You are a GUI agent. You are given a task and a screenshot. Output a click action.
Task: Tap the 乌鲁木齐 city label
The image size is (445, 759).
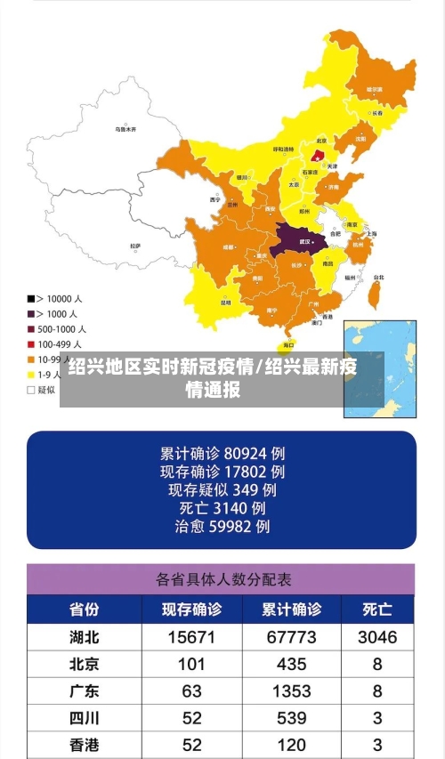coord(125,130)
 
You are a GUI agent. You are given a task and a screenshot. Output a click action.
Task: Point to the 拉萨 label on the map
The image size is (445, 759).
coord(135,246)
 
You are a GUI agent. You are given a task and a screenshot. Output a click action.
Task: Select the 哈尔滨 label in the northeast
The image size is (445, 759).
coord(375,90)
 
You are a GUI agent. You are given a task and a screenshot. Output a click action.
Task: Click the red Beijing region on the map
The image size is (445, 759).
coord(317,155)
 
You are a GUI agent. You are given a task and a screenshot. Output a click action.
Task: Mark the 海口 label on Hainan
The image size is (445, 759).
coord(287,345)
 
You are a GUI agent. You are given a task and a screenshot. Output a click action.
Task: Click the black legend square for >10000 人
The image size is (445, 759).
coord(31,298)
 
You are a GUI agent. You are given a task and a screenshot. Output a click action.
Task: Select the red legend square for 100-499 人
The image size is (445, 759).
coord(31,343)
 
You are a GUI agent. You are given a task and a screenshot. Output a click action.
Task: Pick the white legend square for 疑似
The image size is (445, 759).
coord(31,389)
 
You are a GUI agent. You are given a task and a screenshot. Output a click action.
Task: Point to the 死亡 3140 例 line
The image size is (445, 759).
coord(222,508)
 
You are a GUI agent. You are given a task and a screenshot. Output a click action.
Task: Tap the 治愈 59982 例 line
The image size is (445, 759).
coord(222,527)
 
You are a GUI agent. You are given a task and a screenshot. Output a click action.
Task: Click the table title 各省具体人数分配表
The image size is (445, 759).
coord(222,579)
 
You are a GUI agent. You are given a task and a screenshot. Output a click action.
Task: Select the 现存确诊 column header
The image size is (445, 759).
coord(191,610)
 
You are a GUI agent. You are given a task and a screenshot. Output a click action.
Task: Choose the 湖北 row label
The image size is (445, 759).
coord(85,637)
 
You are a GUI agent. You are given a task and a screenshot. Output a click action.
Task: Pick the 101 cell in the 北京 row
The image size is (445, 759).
coord(191,664)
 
